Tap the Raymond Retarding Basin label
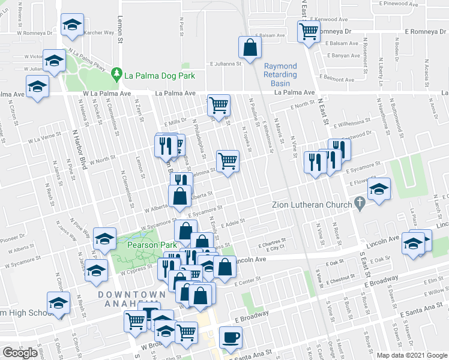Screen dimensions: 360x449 280,71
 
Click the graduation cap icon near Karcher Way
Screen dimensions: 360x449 72,25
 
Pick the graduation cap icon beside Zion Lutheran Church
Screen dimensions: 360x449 379,189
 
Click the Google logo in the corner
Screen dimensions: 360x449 19,353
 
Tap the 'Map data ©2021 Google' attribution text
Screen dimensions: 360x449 412,355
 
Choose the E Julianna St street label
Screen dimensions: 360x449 224,62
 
